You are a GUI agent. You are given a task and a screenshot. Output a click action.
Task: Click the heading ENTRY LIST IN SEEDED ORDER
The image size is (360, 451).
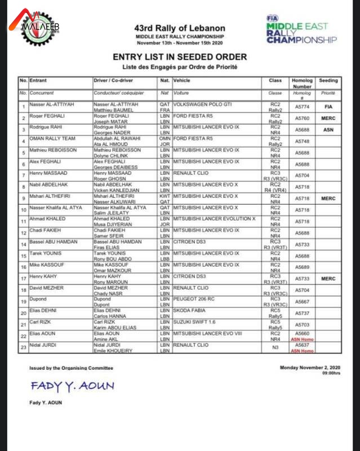180,57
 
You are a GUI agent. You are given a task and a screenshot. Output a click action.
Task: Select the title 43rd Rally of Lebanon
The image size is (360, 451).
180,28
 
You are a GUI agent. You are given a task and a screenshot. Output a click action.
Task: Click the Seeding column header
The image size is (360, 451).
328,81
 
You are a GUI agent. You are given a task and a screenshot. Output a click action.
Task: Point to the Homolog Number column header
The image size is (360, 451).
302,83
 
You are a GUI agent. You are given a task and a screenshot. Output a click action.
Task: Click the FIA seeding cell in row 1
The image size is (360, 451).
328,107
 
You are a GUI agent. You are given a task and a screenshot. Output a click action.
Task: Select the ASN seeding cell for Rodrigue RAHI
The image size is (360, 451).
328,130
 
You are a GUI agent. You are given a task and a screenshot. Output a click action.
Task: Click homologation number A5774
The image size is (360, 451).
302,107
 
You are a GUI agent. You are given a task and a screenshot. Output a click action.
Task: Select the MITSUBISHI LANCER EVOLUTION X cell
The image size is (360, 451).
215,220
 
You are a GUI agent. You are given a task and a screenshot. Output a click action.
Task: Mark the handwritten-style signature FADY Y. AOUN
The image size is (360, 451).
72,386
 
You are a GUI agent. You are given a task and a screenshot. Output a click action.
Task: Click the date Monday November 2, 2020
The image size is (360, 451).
310,368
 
